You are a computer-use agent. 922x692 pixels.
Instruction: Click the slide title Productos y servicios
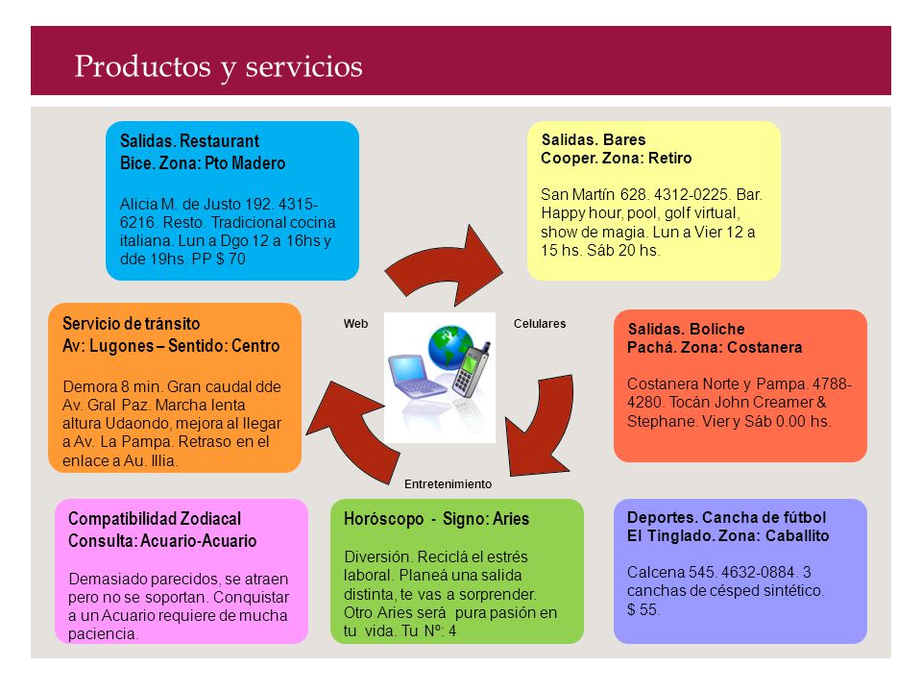218,66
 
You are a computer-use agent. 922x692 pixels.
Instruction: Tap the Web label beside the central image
355,324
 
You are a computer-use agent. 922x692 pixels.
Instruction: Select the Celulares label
540,324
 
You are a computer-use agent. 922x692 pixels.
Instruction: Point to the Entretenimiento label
449,483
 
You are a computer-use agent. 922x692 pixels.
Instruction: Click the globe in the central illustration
449,347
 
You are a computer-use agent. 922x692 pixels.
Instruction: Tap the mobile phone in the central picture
472,369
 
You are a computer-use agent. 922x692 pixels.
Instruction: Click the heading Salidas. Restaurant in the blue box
189,141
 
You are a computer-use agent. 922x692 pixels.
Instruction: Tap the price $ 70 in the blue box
230,259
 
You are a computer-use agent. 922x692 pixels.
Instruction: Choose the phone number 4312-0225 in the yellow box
691,195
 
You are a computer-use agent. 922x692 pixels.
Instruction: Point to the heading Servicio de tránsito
132,324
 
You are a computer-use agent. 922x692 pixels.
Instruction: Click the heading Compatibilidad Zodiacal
155,519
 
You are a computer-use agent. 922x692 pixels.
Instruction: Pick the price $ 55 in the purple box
643,609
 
